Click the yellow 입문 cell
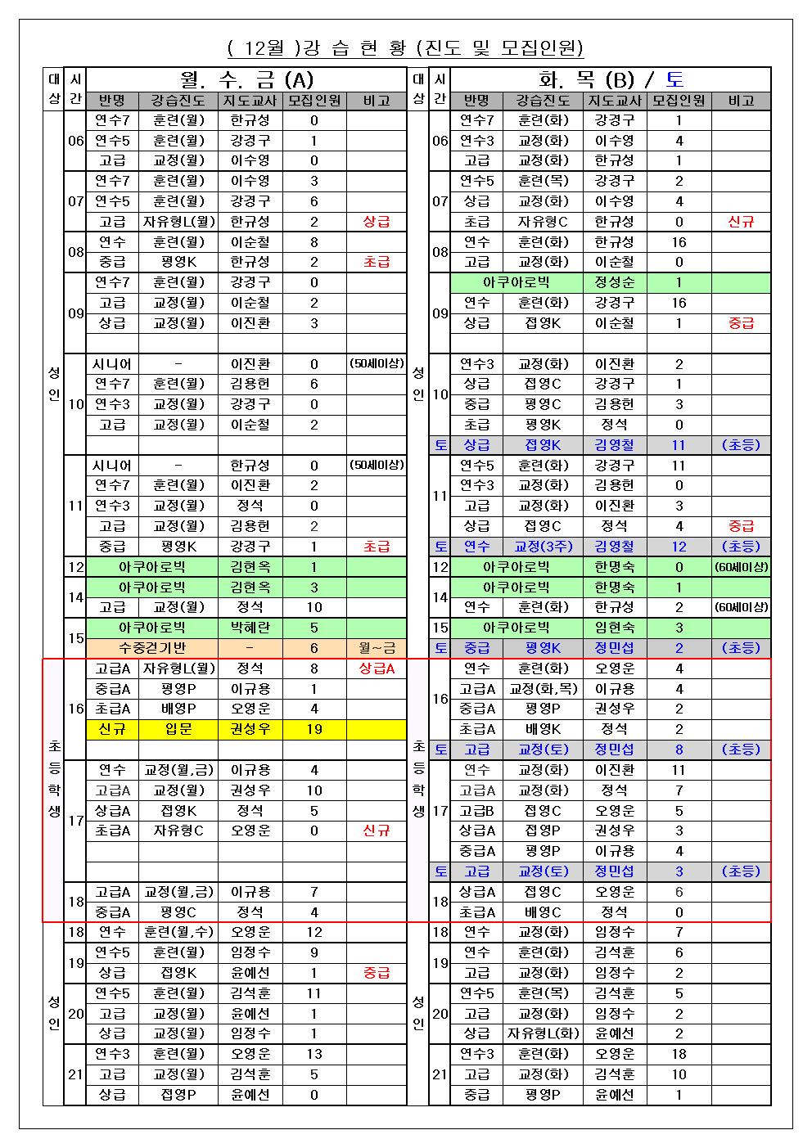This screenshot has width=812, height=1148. click(178, 729)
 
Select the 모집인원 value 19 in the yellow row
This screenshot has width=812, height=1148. click(314, 729)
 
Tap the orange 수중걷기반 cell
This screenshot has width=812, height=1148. click(151, 648)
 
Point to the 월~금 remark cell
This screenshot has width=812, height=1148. click(377, 648)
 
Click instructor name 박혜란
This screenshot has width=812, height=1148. click(250, 628)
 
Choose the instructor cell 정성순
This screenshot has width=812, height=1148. click(615, 282)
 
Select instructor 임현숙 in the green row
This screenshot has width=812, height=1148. click(615, 628)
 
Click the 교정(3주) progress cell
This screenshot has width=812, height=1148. click(543, 547)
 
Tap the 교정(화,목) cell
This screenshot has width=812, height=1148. click(543, 689)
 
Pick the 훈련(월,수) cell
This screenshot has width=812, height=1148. click(178, 932)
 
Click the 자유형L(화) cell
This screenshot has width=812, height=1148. click(543, 1033)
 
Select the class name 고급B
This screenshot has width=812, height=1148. click(476, 811)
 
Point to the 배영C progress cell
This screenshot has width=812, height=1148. click(543, 912)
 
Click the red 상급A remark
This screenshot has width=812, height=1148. click(377, 669)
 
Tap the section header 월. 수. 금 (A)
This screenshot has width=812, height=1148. click(246, 79)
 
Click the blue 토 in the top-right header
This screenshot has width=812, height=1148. click(675, 79)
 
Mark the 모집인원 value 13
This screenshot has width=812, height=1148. click(314, 1054)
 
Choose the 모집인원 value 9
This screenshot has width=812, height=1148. click(314, 952)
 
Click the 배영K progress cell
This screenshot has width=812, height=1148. click(543, 729)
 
